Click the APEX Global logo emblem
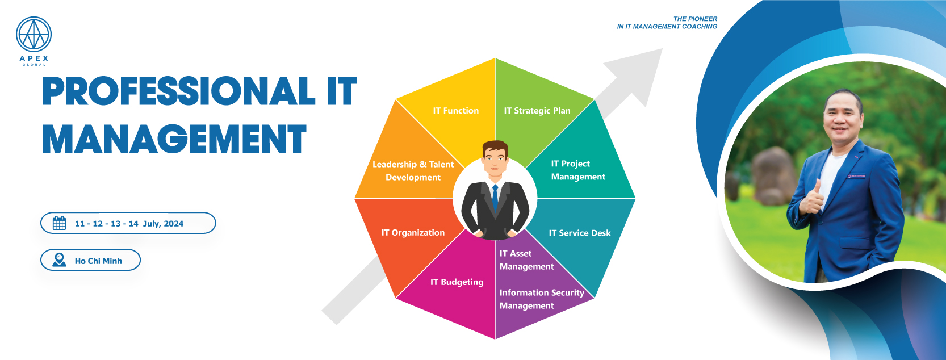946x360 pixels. point(34,35)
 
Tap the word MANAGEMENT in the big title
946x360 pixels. point(174,140)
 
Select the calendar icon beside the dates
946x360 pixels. point(59,223)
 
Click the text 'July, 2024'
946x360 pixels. point(163,224)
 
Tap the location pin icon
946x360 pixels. point(59,260)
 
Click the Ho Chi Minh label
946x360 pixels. point(98,261)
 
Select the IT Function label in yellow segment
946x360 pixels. point(455,111)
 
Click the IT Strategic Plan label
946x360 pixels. point(537,111)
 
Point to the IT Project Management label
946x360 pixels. point(577,170)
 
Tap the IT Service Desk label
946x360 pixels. point(579,233)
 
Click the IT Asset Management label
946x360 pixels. point(526,260)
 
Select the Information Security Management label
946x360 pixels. point(541,299)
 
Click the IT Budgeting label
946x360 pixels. point(457,282)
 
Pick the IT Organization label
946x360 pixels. point(413,233)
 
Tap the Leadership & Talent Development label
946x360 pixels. point(413,171)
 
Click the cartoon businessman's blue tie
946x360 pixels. point(495,199)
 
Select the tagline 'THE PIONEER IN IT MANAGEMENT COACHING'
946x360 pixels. point(667,23)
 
